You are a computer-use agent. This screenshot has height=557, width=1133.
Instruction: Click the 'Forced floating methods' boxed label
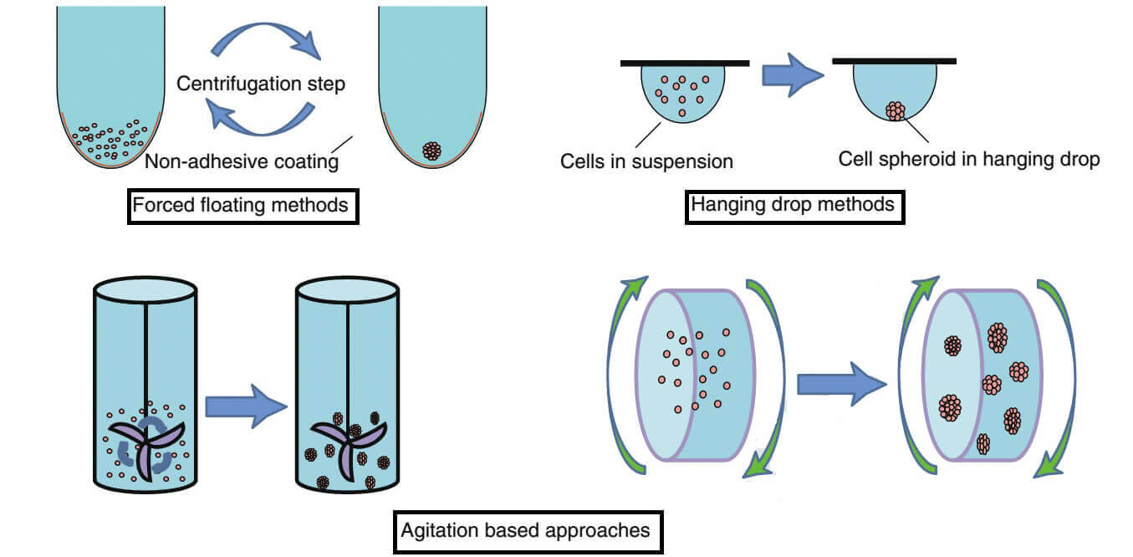pyautogui.click(x=242, y=204)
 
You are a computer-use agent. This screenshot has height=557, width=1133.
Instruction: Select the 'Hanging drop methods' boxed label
pyautogui.click(x=794, y=204)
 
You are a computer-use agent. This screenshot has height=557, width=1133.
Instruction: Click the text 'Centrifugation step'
pyautogui.click(x=261, y=84)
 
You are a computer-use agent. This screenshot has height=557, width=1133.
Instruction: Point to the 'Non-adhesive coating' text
pyautogui.click(x=242, y=161)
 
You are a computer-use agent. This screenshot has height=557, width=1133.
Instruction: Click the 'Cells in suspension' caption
pyautogui.click(x=646, y=161)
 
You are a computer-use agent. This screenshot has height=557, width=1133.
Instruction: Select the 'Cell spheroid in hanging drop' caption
pyautogui.click(x=968, y=159)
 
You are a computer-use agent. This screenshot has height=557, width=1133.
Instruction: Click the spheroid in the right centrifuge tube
pyautogui.click(x=431, y=151)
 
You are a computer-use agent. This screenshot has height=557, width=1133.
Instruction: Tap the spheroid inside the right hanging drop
pyautogui.click(x=896, y=110)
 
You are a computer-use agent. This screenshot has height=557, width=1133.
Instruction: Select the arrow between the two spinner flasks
pyautogui.click(x=246, y=407)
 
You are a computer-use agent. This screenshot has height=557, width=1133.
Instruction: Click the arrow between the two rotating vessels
pyautogui.click(x=840, y=384)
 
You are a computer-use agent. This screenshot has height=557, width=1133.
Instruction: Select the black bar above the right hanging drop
pyautogui.click(x=894, y=60)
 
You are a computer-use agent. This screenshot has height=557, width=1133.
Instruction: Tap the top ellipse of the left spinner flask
pyautogui.click(x=145, y=290)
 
